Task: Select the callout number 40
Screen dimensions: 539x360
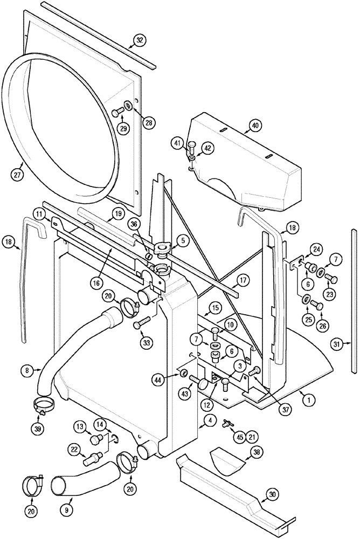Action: click(x=254, y=127)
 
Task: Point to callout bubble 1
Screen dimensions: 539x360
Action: click(x=309, y=399)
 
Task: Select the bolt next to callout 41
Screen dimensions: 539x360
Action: click(x=192, y=146)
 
